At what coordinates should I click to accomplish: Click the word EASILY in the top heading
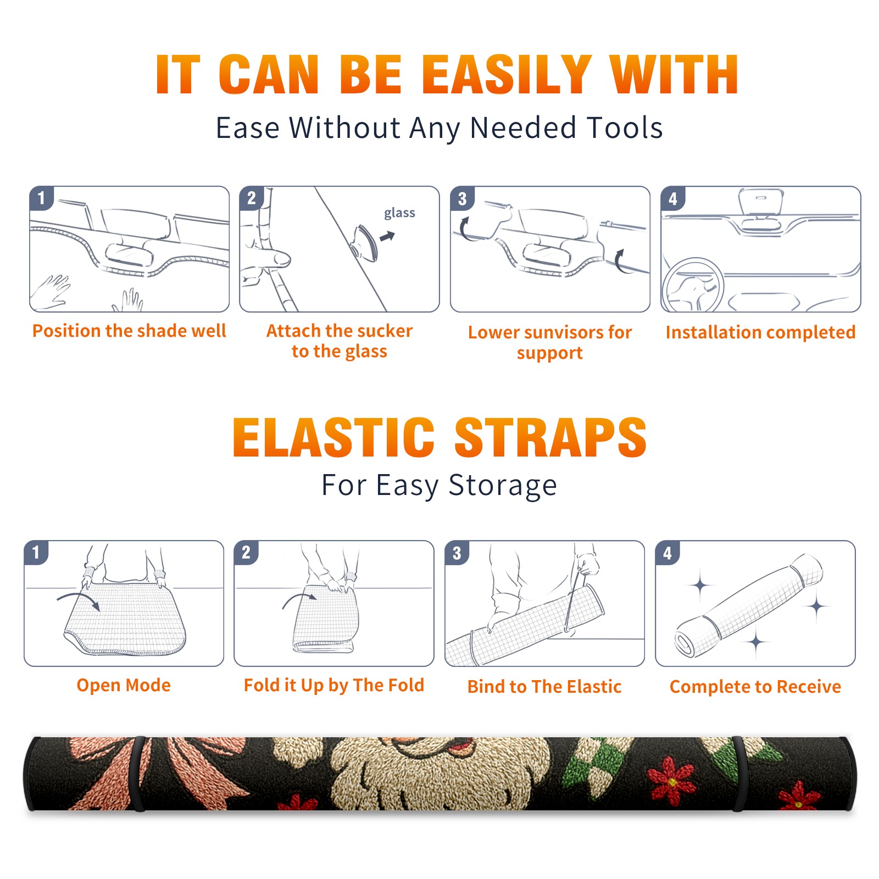pyautogui.click(x=507, y=74)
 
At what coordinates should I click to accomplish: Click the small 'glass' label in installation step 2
pyautogui.click(x=399, y=213)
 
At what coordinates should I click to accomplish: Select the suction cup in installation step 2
pyautogui.click(x=364, y=242)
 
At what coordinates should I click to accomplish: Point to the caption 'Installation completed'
pyautogui.click(x=760, y=332)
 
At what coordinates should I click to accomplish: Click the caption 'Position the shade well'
pyautogui.click(x=129, y=331)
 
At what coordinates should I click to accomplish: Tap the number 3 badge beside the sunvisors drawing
pyautogui.click(x=462, y=198)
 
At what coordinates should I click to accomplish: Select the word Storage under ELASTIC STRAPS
pyautogui.click(x=503, y=486)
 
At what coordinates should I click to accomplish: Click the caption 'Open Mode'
pyautogui.click(x=124, y=685)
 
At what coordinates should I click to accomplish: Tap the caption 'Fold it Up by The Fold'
pyautogui.click(x=334, y=685)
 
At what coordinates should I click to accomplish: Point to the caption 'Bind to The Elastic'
pyautogui.click(x=544, y=687)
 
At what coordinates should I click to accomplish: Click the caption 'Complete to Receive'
pyautogui.click(x=755, y=687)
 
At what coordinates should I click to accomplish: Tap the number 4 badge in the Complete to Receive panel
pyautogui.click(x=667, y=553)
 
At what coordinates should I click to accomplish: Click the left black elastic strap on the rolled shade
pyautogui.click(x=138, y=774)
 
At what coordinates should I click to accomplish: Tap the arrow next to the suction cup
pyautogui.click(x=388, y=236)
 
